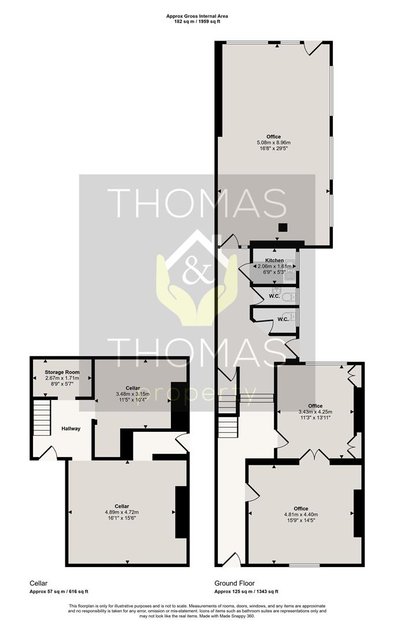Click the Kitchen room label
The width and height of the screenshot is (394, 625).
(274, 260)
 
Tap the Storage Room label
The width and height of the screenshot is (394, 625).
(62, 372)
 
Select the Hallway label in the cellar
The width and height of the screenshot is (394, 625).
(71, 429)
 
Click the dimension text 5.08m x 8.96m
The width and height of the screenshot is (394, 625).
(274, 142)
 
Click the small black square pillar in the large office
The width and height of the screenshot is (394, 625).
(283, 227)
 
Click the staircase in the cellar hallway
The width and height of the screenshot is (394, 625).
(42, 418)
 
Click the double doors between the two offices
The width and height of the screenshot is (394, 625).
(314, 454)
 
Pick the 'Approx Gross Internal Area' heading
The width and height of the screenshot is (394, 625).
(197, 16)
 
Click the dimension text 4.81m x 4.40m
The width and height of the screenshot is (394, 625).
(301, 514)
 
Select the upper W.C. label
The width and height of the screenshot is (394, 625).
(274, 296)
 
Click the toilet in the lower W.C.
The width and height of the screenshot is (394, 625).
(293, 317)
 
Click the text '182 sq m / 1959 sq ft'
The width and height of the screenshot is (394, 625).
(197, 21)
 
